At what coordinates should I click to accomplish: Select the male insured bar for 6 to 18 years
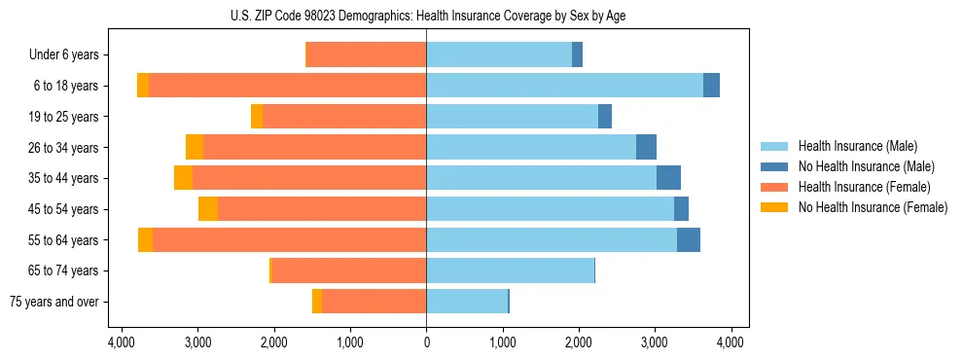click(x=564, y=86)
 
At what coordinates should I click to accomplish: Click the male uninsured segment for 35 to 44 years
click(x=668, y=178)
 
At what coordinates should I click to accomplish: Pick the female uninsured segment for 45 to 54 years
click(x=208, y=209)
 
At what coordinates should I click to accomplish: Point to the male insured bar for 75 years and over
click(x=467, y=302)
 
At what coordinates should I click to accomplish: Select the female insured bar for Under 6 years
click(x=367, y=55)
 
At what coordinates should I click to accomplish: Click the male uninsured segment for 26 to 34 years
click(x=646, y=147)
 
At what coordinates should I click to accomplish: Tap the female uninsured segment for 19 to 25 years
click(x=257, y=117)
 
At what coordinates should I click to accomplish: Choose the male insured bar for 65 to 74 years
click(x=510, y=270)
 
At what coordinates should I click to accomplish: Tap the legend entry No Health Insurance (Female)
click(x=873, y=207)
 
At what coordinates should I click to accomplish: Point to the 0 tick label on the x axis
click(x=426, y=342)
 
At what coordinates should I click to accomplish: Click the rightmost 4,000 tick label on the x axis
click(x=731, y=342)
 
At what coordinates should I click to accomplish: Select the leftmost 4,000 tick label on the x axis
click(x=122, y=342)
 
